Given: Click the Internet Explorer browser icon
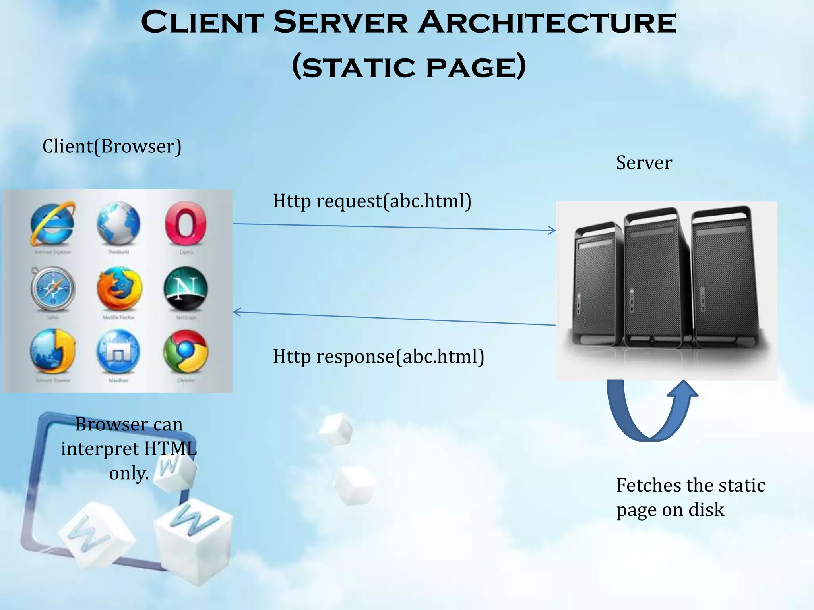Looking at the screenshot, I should click(52, 223).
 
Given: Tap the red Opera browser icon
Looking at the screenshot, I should click(186, 223).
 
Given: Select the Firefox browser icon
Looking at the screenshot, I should click(119, 289).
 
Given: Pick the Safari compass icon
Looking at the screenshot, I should click(52, 289).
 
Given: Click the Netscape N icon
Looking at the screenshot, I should click(186, 289).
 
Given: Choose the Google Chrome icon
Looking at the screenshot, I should click(186, 352).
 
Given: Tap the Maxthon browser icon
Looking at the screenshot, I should click(118, 352).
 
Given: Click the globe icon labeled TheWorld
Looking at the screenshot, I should click(118, 223).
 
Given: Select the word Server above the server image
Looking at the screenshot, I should click(644, 163).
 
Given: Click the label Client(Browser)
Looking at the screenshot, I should click(112, 146).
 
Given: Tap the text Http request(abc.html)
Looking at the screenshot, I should click(372, 201).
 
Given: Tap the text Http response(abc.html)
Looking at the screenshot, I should click(378, 356).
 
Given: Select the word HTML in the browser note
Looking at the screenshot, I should click(170, 449).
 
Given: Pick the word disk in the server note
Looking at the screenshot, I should click(706, 510).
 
